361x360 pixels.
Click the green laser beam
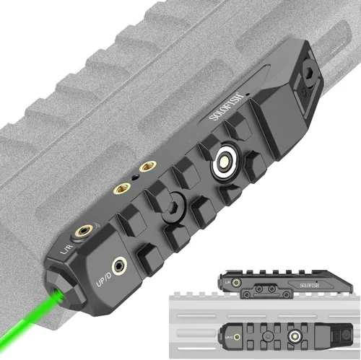(29, 317)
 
